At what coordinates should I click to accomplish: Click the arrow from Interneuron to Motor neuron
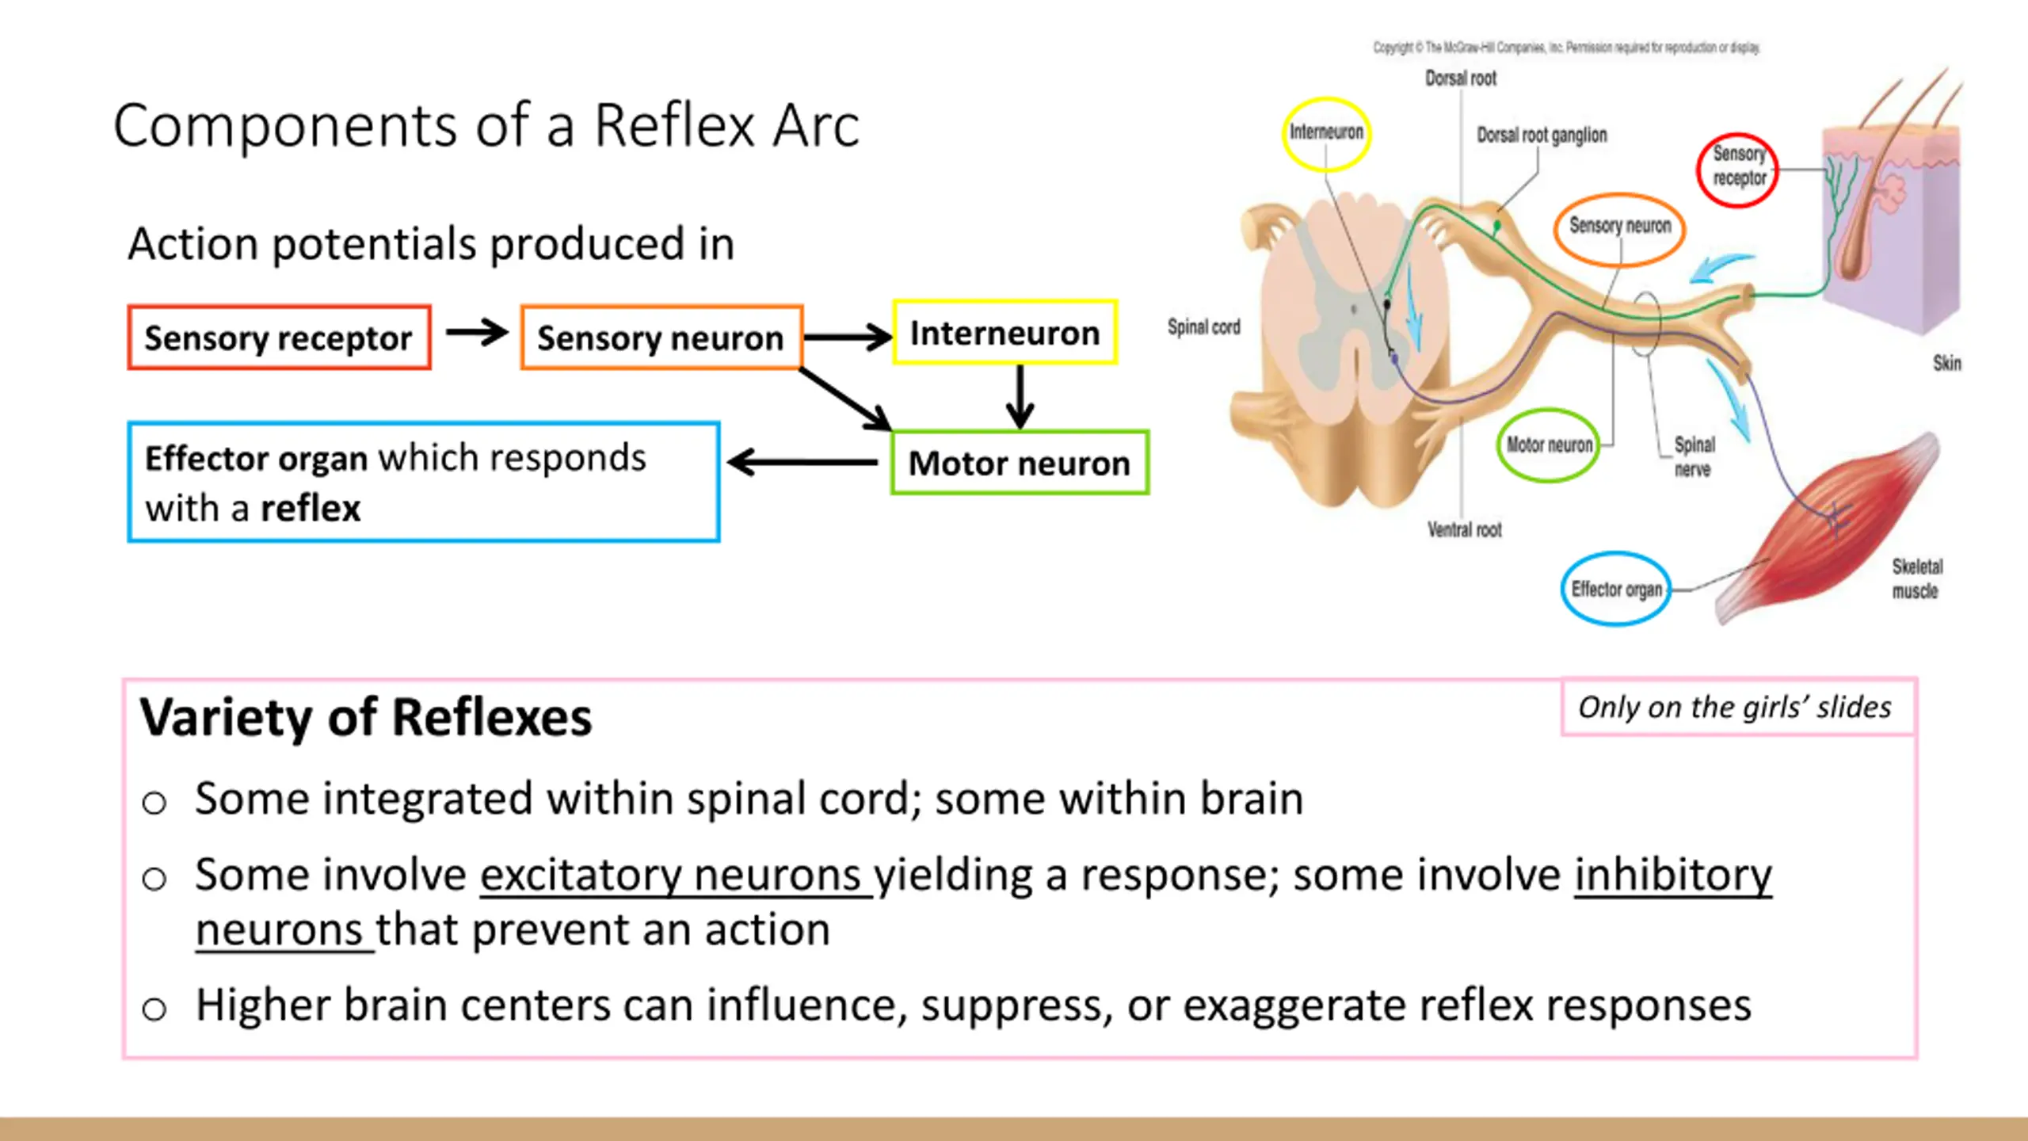point(1020,396)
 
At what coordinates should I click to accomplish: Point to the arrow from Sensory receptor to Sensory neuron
point(477,332)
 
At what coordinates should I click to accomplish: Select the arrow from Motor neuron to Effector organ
point(802,462)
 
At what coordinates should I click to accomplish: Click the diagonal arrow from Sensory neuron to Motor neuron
point(845,399)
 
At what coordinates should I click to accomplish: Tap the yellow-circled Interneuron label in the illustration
point(1326,133)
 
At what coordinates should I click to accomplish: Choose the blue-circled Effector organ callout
point(1616,589)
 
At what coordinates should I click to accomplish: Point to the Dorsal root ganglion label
point(1542,135)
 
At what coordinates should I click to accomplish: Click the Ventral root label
point(1464,529)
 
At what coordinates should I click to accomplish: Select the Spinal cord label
point(1203,326)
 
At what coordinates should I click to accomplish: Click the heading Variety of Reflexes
point(366,717)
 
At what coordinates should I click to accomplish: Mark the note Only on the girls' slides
point(1735,707)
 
